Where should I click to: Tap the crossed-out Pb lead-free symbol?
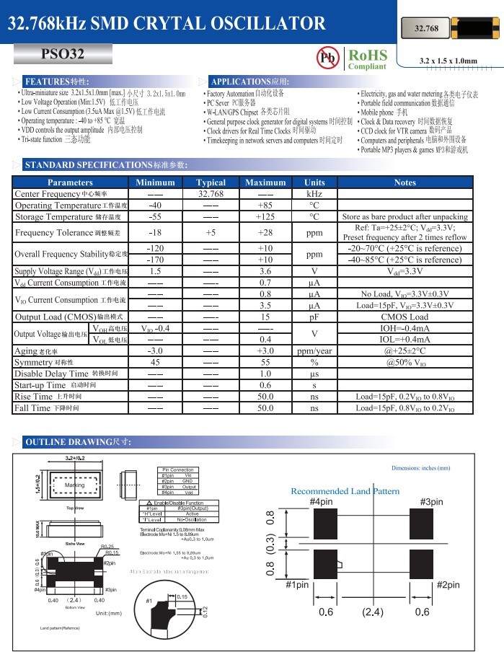[x=327, y=58]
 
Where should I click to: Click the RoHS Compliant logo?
[x=367, y=59]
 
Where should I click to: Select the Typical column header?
[x=211, y=182]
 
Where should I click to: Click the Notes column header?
[x=405, y=182]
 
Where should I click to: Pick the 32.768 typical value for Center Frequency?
[x=211, y=194]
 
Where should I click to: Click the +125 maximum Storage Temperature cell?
[x=265, y=216]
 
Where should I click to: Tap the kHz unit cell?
[x=314, y=194]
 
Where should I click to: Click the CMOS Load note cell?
[x=405, y=317]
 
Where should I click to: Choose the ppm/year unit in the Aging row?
[x=314, y=350]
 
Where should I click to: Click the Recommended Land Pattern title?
[x=345, y=491]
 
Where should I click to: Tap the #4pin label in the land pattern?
[x=321, y=502]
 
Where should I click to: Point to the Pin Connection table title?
[x=177, y=469]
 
